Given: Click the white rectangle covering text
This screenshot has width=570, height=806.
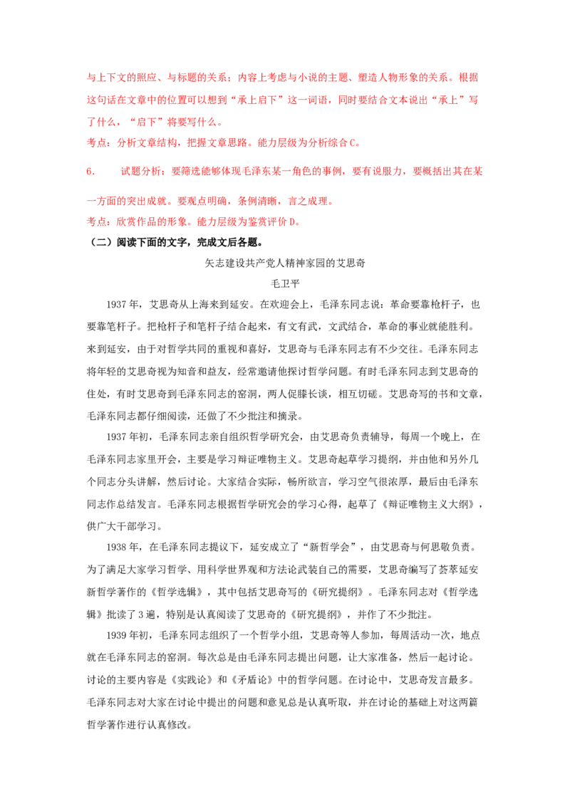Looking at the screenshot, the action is (111, 164).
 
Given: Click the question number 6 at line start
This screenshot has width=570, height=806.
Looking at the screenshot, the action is (88, 172).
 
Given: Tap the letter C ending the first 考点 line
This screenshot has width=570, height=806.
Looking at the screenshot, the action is (356, 142).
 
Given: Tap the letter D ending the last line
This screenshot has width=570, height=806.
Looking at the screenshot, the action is (300, 222).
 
